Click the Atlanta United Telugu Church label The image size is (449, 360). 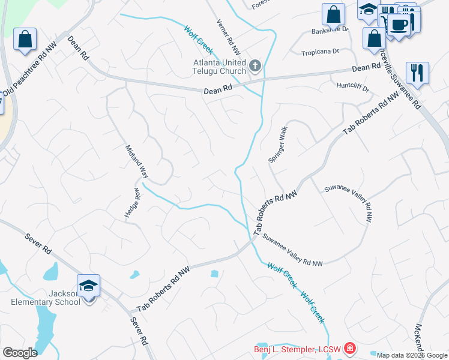click(x=219, y=67)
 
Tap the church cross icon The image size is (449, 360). click(x=255, y=64)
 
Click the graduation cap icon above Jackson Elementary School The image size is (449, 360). click(x=88, y=286)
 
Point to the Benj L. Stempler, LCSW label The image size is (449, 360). click(x=297, y=348)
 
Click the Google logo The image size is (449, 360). click(x=20, y=353)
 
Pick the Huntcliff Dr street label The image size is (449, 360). click(x=352, y=87)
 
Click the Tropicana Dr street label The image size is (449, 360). click(x=321, y=51)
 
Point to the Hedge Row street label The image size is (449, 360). click(x=133, y=204)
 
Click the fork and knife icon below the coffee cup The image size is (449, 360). click(x=417, y=73)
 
